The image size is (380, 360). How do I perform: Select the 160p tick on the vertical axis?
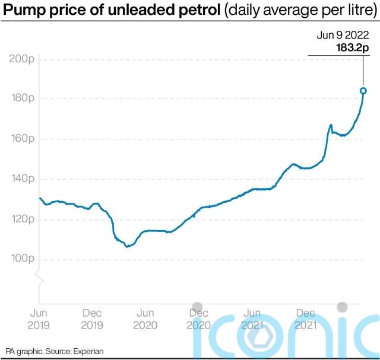pyautogui.click(x=21, y=138)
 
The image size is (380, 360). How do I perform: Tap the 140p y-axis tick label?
pyautogui.click(x=21, y=179)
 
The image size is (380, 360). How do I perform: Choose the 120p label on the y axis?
pyautogui.click(x=21, y=219)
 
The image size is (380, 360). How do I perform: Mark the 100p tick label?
pyautogui.click(x=21, y=259)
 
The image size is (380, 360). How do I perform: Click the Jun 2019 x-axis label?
pyautogui.click(x=39, y=318)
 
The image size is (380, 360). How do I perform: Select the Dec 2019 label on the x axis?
pyautogui.click(x=92, y=318)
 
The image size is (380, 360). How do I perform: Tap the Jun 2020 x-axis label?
pyautogui.click(x=145, y=318)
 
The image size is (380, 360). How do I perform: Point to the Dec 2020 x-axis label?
pyautogui.click(x=198, y=318)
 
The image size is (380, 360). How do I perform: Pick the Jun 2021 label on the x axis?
pyautogui.click(x=252, y=318)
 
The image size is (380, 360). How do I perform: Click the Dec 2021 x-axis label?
pyautogui.click(x=305, y=318)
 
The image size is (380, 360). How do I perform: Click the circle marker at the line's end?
pyautogui.click(x=363, y=91)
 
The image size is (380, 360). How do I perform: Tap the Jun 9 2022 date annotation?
pyautogui.click(x=343, y=36)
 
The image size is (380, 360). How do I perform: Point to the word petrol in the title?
pyautogui.click(x=198, y=9)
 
